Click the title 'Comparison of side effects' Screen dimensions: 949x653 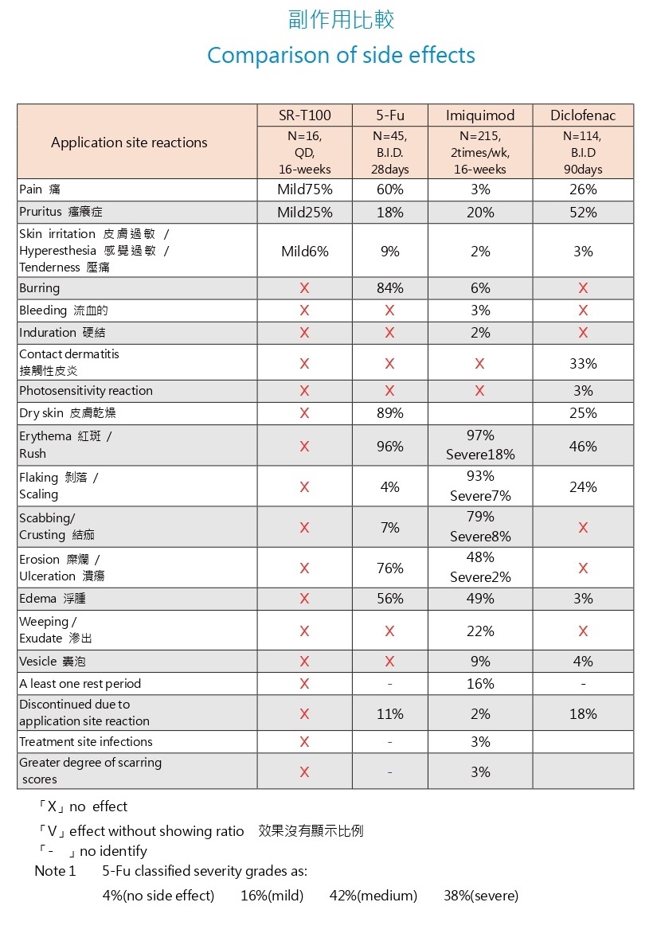pos(341,56)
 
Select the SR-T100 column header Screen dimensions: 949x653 pos(304,115)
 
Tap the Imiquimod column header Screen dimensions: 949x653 pos(480,115)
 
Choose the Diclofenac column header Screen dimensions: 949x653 pos(583,115)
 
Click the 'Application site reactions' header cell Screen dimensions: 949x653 pos(129,143)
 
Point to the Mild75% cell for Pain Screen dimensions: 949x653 pos(304,189)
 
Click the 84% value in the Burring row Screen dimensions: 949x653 pos(390,288)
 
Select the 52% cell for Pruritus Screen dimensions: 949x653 pos(583,213)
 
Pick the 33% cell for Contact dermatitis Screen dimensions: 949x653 pos(583,364)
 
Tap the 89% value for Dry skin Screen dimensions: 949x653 pos(390,413)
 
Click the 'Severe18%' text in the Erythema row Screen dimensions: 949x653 pos(480,455)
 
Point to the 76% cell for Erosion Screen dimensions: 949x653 pos(390,568)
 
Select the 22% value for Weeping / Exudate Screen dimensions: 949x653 pos(480,631)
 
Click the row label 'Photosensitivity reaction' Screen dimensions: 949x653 pos(86,391)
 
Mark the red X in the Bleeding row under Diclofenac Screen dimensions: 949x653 pos(583,310)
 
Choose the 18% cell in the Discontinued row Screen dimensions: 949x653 pos(583,714)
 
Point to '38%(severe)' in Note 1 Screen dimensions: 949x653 pos(481,896)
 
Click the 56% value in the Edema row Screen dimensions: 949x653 pos(390,599)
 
